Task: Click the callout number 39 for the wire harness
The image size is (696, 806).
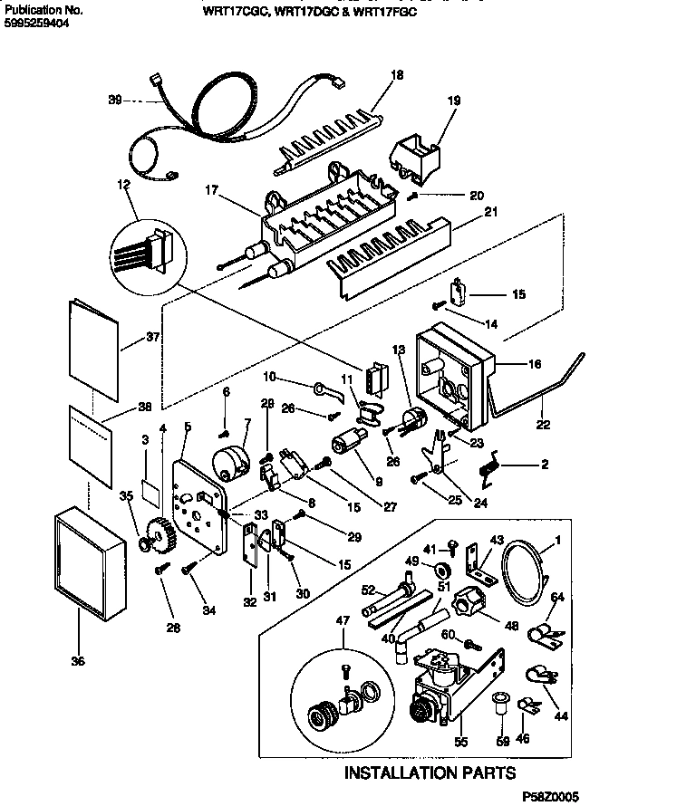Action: coord(114,101)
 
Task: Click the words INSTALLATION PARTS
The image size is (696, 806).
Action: coord(430,772)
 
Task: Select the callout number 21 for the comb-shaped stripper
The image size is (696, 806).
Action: coord(491,212)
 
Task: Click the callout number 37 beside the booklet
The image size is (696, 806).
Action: coord(151,340)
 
